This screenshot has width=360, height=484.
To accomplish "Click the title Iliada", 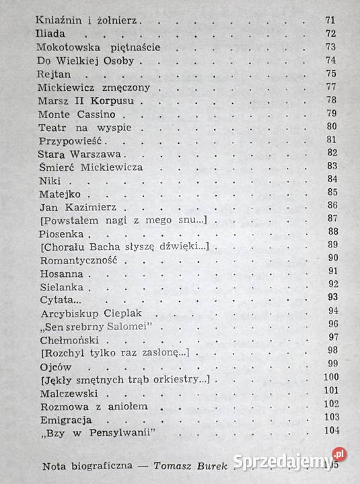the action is [x=52, y=34].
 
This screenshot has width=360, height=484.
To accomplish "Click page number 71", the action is [x=330, y=20].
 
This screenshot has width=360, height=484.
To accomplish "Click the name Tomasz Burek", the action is [x=192, y=465].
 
